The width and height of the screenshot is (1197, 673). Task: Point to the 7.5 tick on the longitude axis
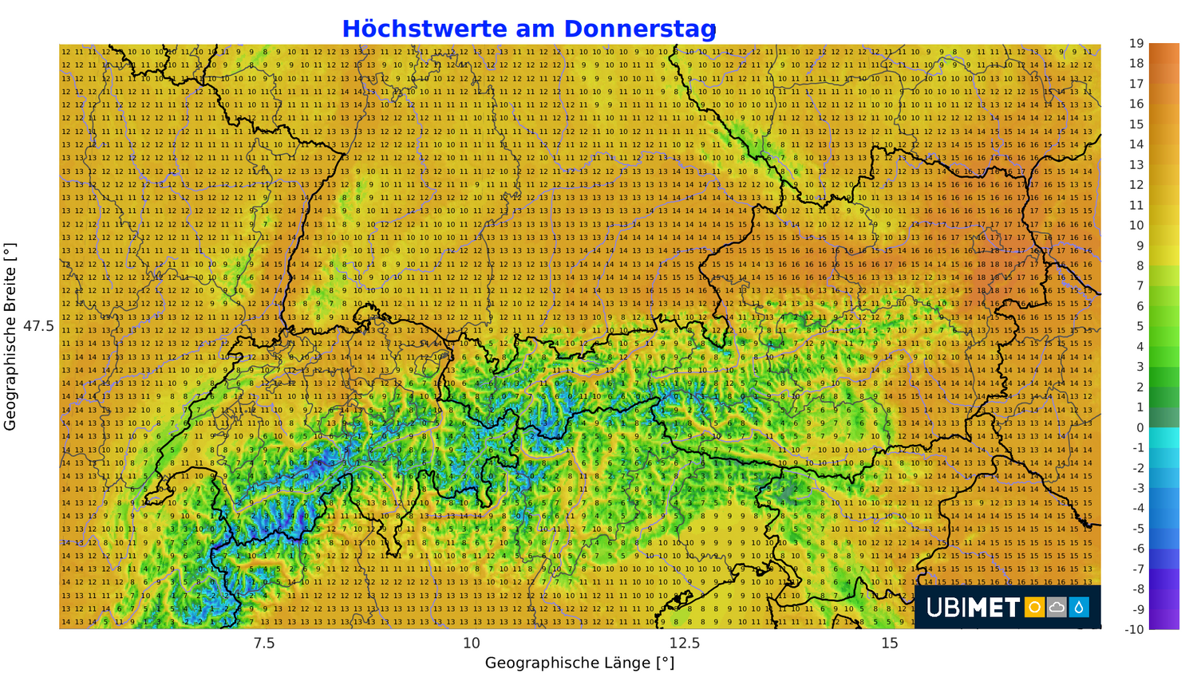tap(263, 643)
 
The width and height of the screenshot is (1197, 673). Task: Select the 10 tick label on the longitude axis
tap(472, 643)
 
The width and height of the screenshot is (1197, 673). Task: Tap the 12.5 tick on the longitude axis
tap(684, 643)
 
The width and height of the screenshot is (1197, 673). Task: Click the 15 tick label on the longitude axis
tap(890, 643)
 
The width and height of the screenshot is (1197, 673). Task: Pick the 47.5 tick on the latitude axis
tap(38, 326)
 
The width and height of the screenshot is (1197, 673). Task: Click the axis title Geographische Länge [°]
tap(579, 663)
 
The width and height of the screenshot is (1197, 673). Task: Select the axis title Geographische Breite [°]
tap(10, 336)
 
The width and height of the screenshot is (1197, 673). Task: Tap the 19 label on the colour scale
tap(1136, 43)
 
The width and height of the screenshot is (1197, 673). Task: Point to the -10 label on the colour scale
tap(1135, 629)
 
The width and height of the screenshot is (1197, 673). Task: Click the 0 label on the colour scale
tap(1140, 427)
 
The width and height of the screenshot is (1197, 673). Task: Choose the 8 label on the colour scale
tap(1140, 266)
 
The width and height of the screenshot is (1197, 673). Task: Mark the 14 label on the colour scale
tap(1136, 144)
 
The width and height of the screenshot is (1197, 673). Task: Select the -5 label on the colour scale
tap(1138, 528)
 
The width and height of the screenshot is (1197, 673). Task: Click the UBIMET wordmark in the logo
tap(973, 608)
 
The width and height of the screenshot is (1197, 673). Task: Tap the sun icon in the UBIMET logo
tap(1035, 608)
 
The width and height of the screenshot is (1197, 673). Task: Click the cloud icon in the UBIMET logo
tap(1057, 608)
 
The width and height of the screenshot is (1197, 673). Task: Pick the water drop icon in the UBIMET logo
tap(1079, 608)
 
